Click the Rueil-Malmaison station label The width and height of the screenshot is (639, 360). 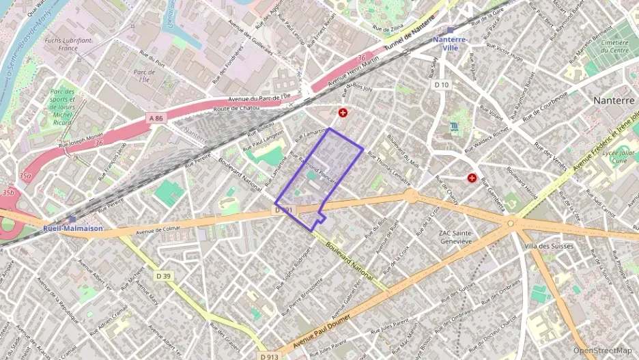tap(73, 228)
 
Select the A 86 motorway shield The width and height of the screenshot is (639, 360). tap(156, 118)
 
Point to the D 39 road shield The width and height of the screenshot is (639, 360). tap(163, 276)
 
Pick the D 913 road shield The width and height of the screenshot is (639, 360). tap(269, 356)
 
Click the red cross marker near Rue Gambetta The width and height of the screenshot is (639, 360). tap(472, 178)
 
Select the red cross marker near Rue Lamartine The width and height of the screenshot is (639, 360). tap(343, 112)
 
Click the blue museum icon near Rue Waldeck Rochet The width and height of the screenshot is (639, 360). tap(455, 127)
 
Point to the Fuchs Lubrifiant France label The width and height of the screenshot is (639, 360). tap(68, 44)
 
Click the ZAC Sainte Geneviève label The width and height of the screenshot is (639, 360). tap(455, 237)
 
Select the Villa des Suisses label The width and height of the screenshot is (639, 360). tap(547, 245)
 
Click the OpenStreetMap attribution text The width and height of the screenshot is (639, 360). tap(602, 350)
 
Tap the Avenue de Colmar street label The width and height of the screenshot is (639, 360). tap(158, 230)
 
